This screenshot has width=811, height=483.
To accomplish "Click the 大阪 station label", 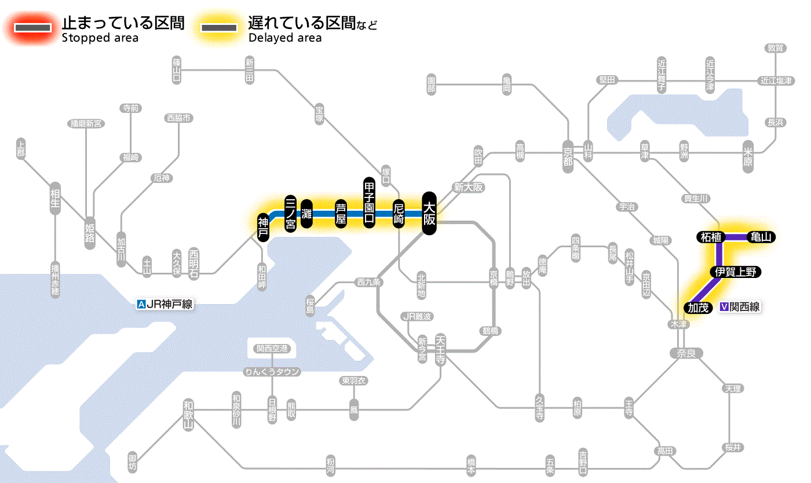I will (429, 213).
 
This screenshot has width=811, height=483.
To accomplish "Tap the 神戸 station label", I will (264, 227).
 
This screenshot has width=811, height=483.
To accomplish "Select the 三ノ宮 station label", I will (291, 213).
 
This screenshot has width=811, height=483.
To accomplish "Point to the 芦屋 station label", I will (341, 213).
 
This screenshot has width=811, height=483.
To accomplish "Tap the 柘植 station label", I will (711, 237).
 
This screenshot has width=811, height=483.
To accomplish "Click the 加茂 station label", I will (698, 308).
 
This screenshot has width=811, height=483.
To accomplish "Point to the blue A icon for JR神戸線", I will (141, 303).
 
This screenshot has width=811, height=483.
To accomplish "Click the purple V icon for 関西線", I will (724, 308).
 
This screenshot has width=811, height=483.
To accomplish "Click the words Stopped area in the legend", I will (100, 38).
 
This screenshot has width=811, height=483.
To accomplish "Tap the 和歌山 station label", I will (188, 414).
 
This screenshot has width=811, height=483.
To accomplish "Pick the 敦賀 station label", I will (775, 48).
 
